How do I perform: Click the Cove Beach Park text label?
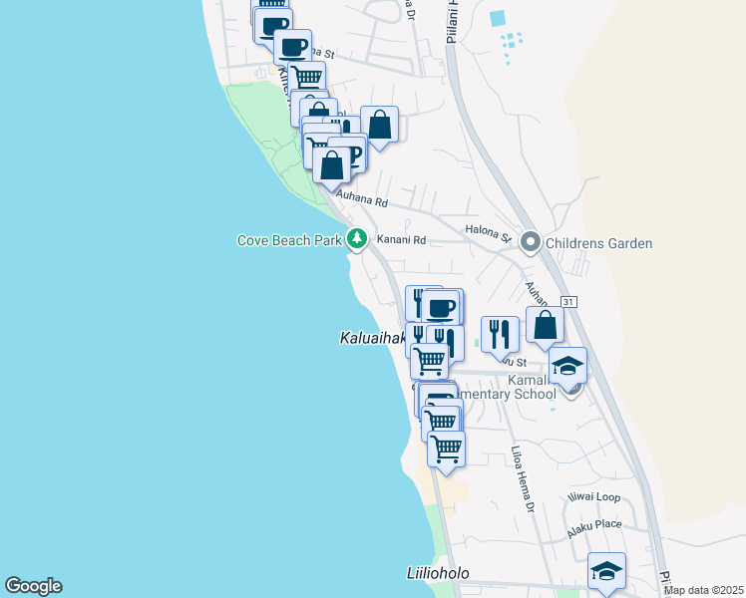tap(289, 240)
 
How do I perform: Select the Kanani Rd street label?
tap(401, 240)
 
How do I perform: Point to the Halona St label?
tap(488, 233)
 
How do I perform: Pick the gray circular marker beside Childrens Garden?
tap(531, 241)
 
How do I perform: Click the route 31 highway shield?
tap(568, 301)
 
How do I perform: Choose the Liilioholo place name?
tap(437, 574)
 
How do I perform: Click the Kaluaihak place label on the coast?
tap(365, 340)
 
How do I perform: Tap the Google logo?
tap(33, 586)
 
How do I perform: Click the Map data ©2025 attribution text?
tap(703, 590)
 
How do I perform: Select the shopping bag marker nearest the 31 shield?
tap(546, 326)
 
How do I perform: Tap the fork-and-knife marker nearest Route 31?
tap(500, 335)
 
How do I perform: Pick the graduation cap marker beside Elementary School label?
tap(567, 366)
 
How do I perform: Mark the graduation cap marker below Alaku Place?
tap(606, 572)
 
